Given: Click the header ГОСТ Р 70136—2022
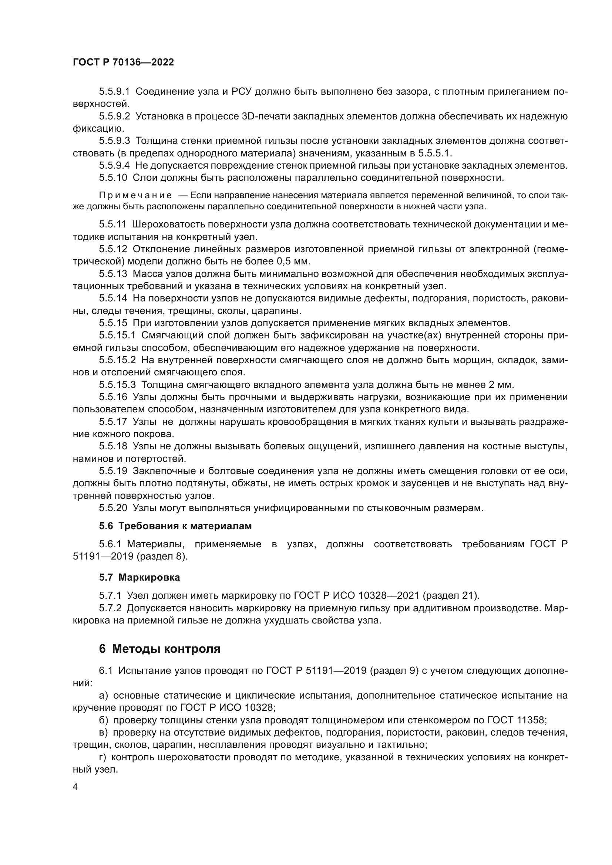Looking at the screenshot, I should click(x=123, y=62).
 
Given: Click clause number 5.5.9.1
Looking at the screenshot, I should click(x=114, y=92).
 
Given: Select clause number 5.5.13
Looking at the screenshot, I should click(x=113, y=274).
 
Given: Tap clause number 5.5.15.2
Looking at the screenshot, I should click(x=117, y=360).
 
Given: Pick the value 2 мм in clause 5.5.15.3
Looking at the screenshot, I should click(x=501, y=385).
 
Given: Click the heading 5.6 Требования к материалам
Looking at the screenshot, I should click(x=175, y=526).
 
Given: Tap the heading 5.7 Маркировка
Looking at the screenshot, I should click(x=139, y=577).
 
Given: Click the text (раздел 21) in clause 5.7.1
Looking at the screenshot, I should click(x=451, y=596).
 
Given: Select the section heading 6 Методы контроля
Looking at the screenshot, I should click(x=159, y=648).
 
